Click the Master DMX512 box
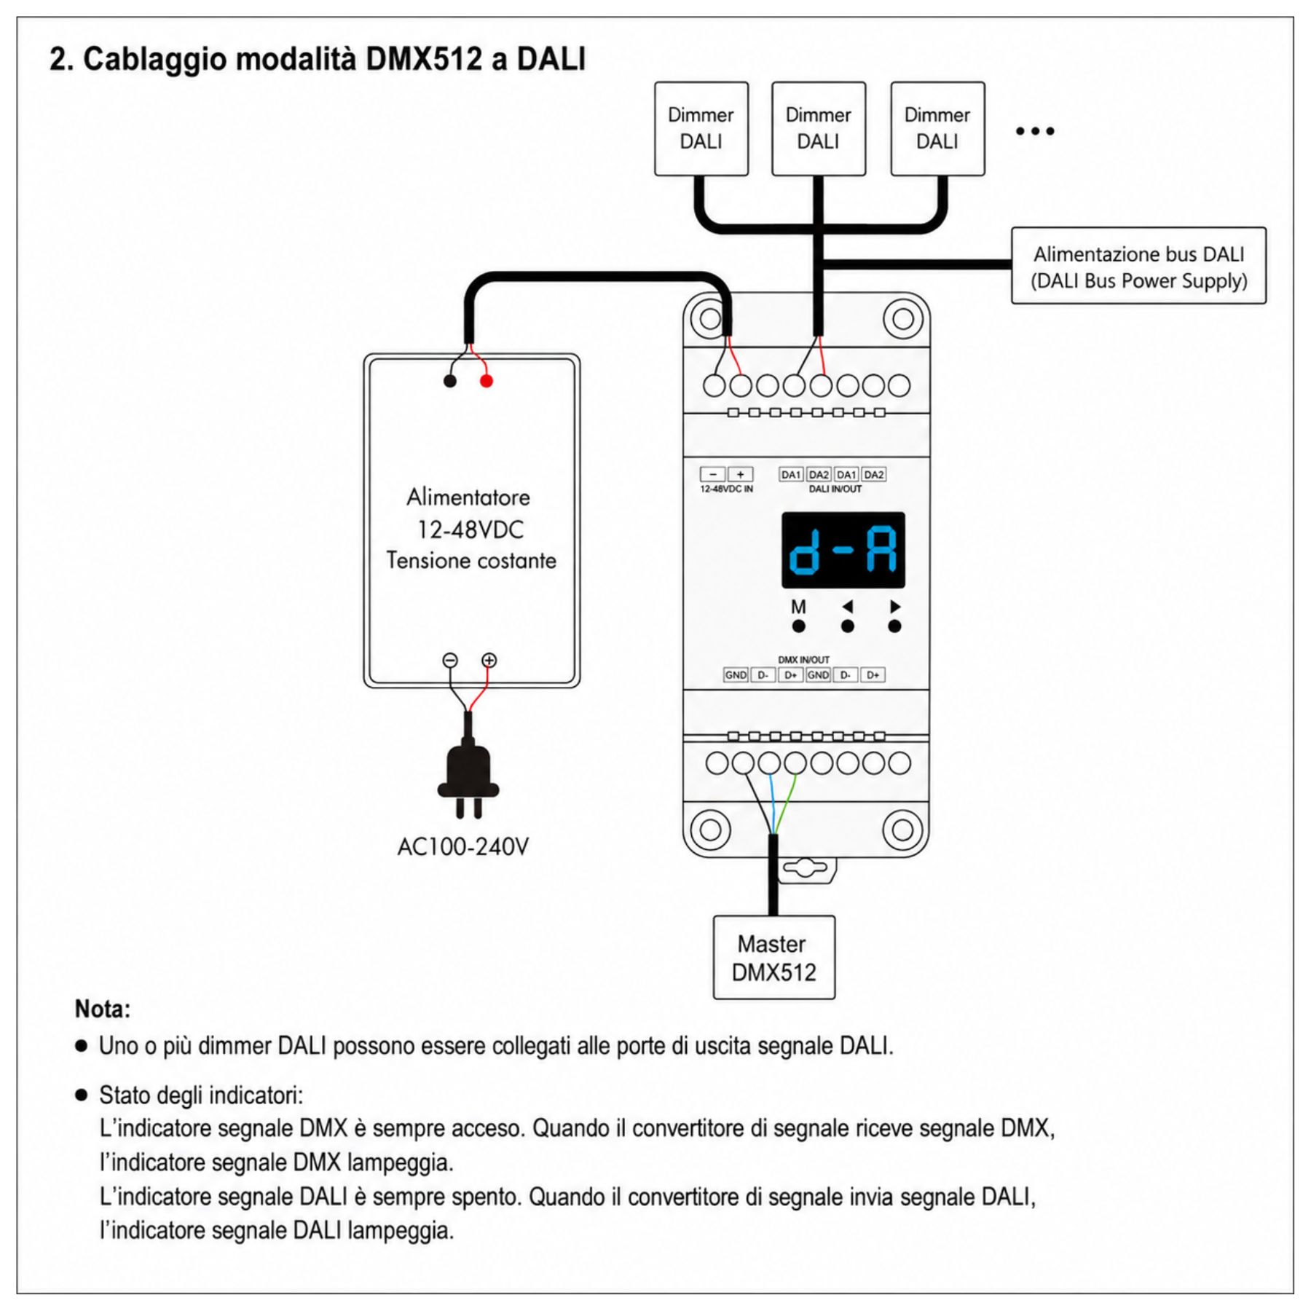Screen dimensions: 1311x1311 pyautogui.click(x=773, y=957)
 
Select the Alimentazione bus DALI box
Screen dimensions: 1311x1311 pyautogui.click(x=1138, y=266)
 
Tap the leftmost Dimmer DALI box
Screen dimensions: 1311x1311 pyautogui.click(x=701, y=129)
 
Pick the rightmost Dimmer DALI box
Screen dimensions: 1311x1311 pyautogui.click(x=937, y=129)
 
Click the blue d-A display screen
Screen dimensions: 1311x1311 pyautogui.click(x=843, y=550)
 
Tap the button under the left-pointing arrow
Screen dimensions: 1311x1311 pyautogui.click(x=847, y=626)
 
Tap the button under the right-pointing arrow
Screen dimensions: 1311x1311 pyautogui.click(x=895, y=626)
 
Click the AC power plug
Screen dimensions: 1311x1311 pyautogui.click(x=468, y=779)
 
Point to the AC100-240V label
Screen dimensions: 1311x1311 pyautogui.click(x=463, y=847)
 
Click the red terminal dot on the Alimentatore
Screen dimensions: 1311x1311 pyautogui.click(x=487, y=381)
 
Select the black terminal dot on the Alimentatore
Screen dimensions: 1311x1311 pyautogui.click(x=450, y=381)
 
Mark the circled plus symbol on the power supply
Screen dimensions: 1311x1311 pyautogui.click(x=489, y=661)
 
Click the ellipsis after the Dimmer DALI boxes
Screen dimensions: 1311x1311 pyautogui.click(x=1035, y=131)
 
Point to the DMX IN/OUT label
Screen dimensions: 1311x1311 pyautogui.click(x=803, y=660)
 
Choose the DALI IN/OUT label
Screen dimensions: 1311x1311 pyautogui.click(x=835, y=489)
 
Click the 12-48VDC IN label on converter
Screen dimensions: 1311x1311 pyautogui.click(x=726, y=489)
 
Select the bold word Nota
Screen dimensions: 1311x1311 pyautogui.click(x=103, y=1009)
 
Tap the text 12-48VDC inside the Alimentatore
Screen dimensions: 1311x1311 pyautogui.click(x=471, y=529)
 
